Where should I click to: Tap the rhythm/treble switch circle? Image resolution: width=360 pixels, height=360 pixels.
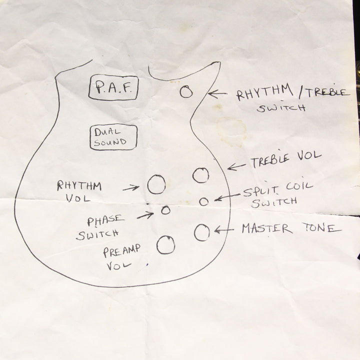(186, 91)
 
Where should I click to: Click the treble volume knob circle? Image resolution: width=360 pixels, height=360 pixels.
(200, 175)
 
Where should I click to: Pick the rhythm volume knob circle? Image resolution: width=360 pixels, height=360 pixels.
(156, 184)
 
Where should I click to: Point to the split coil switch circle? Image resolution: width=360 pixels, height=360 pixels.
(203, 201)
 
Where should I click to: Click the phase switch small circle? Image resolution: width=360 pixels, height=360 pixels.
(165, 210)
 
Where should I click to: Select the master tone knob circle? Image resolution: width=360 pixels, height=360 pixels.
(202, 232)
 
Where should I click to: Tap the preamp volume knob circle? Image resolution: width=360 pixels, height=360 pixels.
(165, 245)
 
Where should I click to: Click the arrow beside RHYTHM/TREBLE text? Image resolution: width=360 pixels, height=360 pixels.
(217, 93)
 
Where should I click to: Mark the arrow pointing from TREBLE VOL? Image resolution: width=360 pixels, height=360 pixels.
(236, 166)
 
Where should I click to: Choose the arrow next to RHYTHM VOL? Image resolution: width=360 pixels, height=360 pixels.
(131, 188)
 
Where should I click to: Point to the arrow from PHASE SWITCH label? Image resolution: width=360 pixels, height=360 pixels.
(145, 215)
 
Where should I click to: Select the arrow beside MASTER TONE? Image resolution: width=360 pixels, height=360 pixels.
(224, 230)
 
